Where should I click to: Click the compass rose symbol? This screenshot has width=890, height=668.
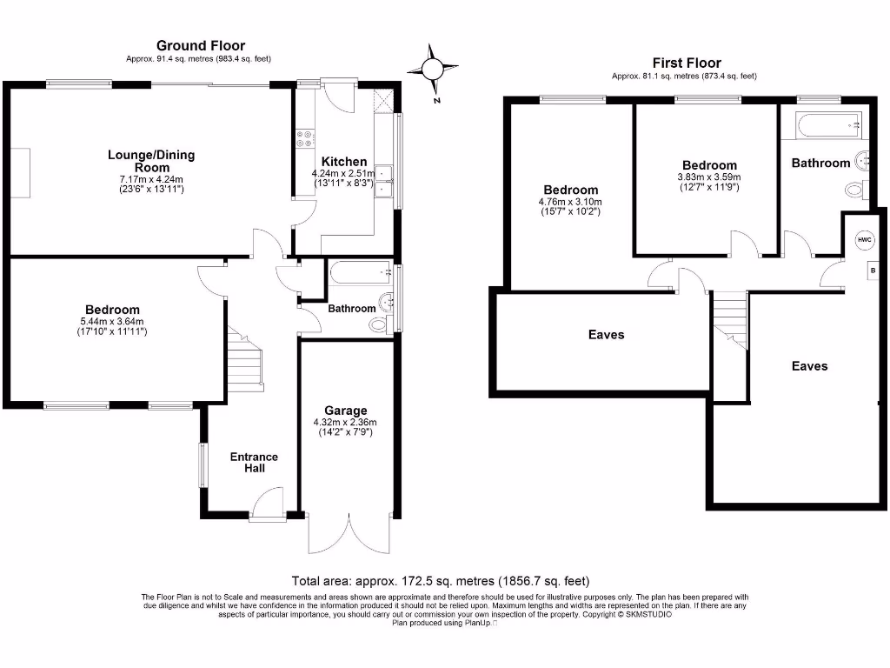click(x=435, y=69)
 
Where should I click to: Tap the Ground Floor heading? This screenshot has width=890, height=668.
click(x=201, y=45)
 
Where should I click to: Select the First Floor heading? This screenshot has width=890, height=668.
click(x=687, y=63)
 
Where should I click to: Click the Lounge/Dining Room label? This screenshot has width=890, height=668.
click(x=151, y=161)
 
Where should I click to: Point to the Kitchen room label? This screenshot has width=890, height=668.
click(x=344, y=162)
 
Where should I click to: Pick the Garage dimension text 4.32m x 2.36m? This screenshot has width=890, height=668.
click(x=345, y=423)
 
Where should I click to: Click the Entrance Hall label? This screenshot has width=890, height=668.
click(x=254, y=463)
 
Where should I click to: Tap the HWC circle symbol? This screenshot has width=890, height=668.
click(x=864, y=240)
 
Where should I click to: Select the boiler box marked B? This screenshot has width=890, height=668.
click(x=872, y=271)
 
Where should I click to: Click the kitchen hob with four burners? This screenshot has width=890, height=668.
click(x=305, y=140)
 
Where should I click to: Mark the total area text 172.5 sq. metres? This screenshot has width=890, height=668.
click(x=444, y=580)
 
